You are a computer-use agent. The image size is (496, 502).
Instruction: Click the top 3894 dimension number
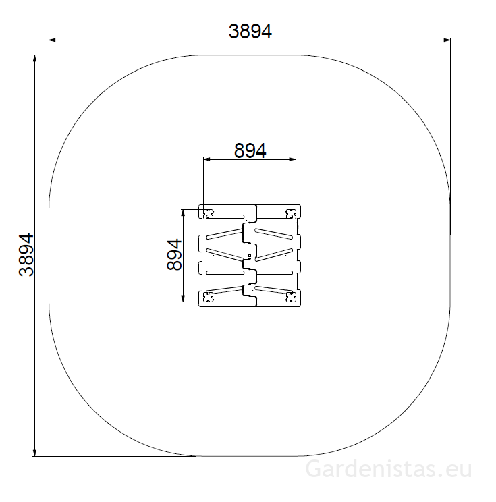tap(250, 31)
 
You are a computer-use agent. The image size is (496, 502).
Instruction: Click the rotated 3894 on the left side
tap(26, 255)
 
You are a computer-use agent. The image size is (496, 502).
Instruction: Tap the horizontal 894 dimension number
tap(250, 150)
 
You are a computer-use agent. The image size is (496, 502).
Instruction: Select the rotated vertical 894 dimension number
tap(174, 255)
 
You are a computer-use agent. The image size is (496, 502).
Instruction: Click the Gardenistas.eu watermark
tap(389, 469)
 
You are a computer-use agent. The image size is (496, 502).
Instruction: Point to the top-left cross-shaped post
tap(208, 214)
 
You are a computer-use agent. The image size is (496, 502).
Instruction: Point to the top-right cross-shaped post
tap(291, 214)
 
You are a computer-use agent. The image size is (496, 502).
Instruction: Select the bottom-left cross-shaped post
tap(209, 297)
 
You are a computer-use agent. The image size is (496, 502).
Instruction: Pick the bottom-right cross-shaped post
tap(291, 297)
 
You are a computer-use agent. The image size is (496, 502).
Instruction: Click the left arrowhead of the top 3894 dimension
tap(52, 40)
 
